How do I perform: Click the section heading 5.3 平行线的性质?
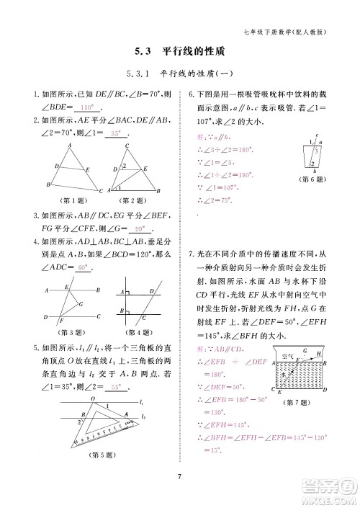click(180, 52)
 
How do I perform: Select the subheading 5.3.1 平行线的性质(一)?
click(180, 73)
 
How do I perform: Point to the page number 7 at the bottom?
click(179, 474)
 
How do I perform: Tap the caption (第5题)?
click(102, 455)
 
